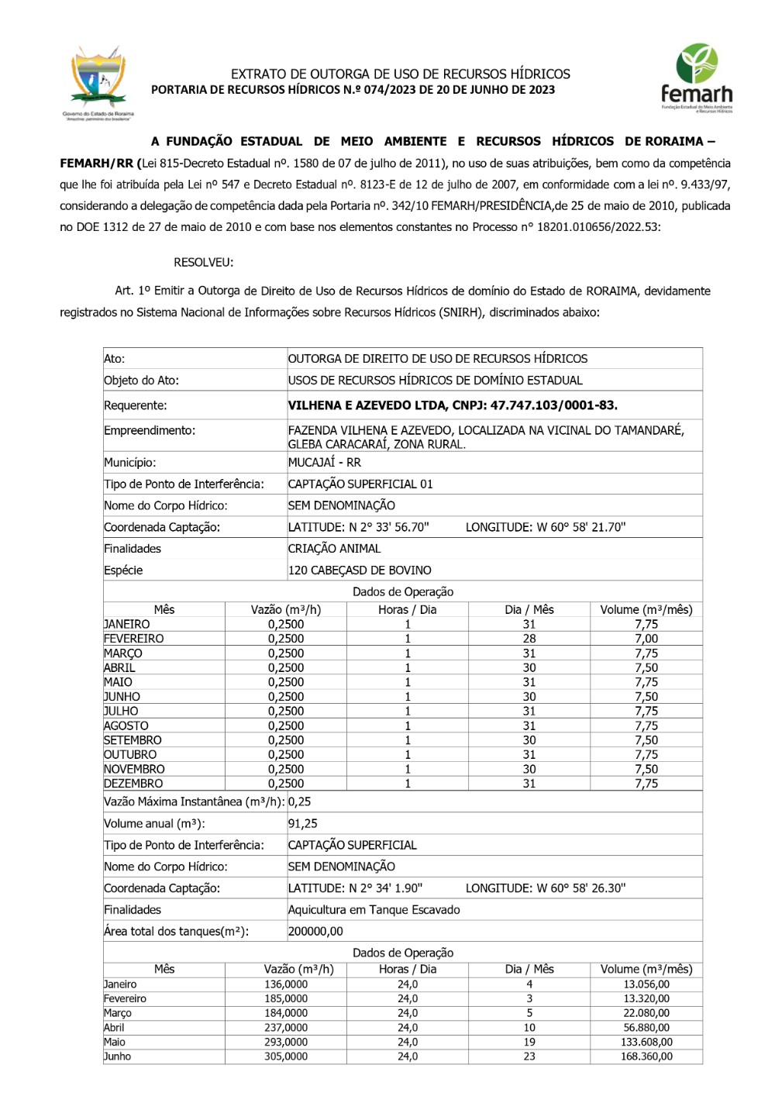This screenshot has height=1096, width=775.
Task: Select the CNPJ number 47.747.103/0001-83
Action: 553,405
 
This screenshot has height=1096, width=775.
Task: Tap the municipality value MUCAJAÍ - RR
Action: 324,463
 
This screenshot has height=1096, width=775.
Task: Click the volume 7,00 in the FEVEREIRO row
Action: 646,639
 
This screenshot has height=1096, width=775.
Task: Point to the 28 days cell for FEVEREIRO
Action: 529,639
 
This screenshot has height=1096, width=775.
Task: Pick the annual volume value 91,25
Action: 303,824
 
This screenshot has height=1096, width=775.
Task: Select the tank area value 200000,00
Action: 315,932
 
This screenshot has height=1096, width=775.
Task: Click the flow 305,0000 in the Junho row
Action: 286,1056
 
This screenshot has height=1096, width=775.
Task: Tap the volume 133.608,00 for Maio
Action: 646,1043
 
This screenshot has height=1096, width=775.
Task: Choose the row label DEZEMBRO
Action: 133,784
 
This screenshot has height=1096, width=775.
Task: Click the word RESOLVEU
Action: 203,263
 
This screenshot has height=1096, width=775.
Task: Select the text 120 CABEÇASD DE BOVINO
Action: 360,570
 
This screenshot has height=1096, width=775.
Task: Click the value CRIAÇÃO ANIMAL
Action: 334,549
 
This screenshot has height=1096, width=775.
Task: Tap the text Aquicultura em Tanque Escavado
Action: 374,910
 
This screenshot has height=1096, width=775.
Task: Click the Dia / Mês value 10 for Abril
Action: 529,1028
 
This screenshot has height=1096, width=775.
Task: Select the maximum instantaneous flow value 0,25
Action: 299,802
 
